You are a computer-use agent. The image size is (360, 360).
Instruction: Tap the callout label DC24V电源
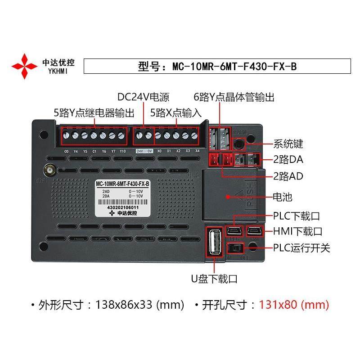pos(143,97)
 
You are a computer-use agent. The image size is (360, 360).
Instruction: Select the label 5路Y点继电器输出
pos(94,112)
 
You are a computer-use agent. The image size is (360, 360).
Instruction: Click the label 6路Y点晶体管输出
pos(234,97)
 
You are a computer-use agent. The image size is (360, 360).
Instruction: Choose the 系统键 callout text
pos(288,144)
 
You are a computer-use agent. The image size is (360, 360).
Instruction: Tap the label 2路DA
pos(288,159)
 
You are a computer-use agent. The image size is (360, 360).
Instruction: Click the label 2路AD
pos(288,176)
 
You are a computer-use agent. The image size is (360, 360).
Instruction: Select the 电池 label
pos(283,197)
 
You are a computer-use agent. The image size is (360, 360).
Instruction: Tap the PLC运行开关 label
pos(301,248)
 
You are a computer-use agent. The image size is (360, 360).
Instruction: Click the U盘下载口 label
pos(213,279)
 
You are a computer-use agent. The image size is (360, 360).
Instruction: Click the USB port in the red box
pos(214,243)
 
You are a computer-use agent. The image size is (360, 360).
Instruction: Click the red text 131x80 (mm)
pos(294,305)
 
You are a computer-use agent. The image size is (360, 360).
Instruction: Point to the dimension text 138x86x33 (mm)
pos(139,305)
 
